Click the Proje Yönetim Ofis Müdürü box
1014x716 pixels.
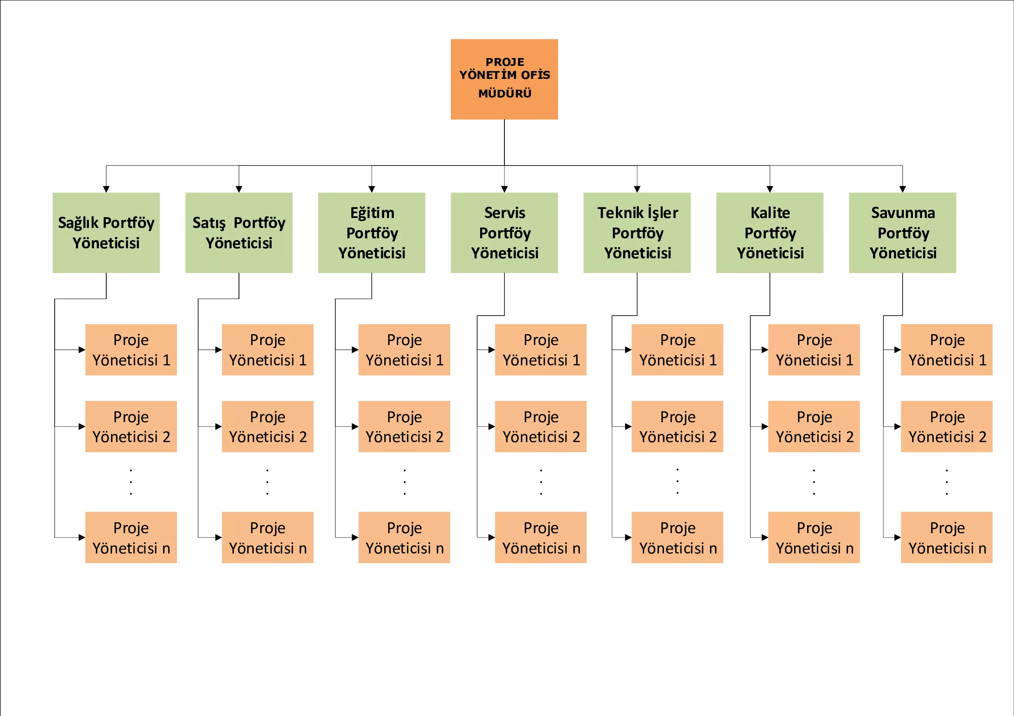(504, 79)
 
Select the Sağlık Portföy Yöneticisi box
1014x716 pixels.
(106, 233)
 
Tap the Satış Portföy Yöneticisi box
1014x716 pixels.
(239, 233)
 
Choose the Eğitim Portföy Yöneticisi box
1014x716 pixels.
(371, 233)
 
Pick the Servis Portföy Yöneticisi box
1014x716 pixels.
(504, 233)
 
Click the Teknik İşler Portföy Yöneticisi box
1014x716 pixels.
(637, 233)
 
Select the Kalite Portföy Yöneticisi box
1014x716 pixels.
(770, 233)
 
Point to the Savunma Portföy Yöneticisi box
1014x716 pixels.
(902, 233)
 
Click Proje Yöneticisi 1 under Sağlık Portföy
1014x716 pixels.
(131, 350)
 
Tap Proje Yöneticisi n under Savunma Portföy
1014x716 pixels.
(946, 537)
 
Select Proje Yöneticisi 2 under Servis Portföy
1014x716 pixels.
(540, 426)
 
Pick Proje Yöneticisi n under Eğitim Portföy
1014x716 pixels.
(404, 537)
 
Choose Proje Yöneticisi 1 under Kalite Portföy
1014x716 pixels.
(814, 350)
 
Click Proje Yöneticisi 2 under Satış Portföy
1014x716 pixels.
(268, 426)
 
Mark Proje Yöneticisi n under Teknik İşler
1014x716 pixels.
(677, 537)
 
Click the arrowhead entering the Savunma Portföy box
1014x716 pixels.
(902, 189)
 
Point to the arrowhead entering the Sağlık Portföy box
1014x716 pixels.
(106, 189)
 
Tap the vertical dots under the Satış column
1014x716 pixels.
(267, 482)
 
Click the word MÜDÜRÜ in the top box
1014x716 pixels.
(505, 93)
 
